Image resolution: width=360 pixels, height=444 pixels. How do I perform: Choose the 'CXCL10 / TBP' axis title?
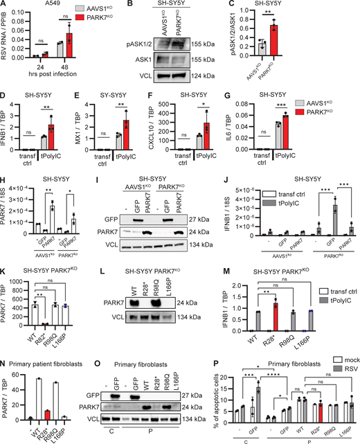[x=189, y=128]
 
